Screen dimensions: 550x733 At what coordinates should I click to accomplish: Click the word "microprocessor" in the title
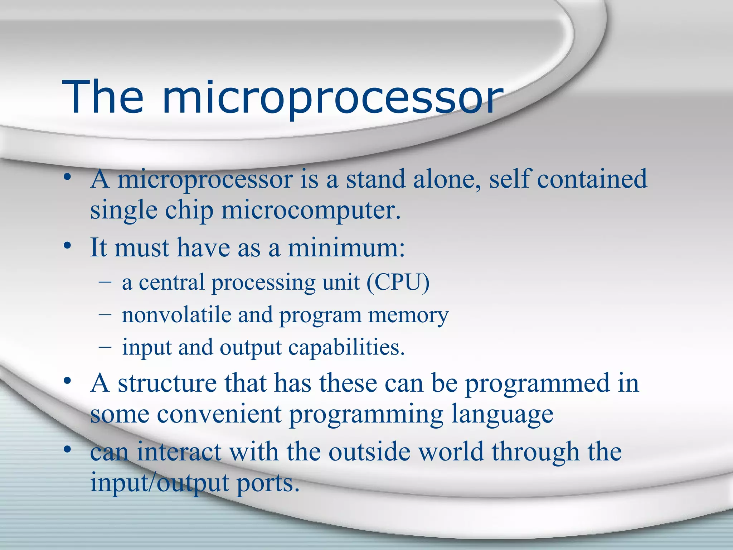pos(333,98)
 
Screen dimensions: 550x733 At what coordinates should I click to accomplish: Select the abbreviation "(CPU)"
pos(398,283)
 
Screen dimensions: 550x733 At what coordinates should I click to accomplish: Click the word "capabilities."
pos(346,347)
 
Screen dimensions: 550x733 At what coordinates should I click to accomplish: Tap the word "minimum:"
pos(346,248)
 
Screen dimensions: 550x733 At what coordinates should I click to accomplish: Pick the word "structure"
pos(167,383)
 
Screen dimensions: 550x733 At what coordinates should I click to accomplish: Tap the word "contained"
pos(592,179)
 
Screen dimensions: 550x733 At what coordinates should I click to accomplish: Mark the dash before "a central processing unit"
pos(105,282)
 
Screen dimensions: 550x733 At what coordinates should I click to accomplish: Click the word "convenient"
pos(219,415)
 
